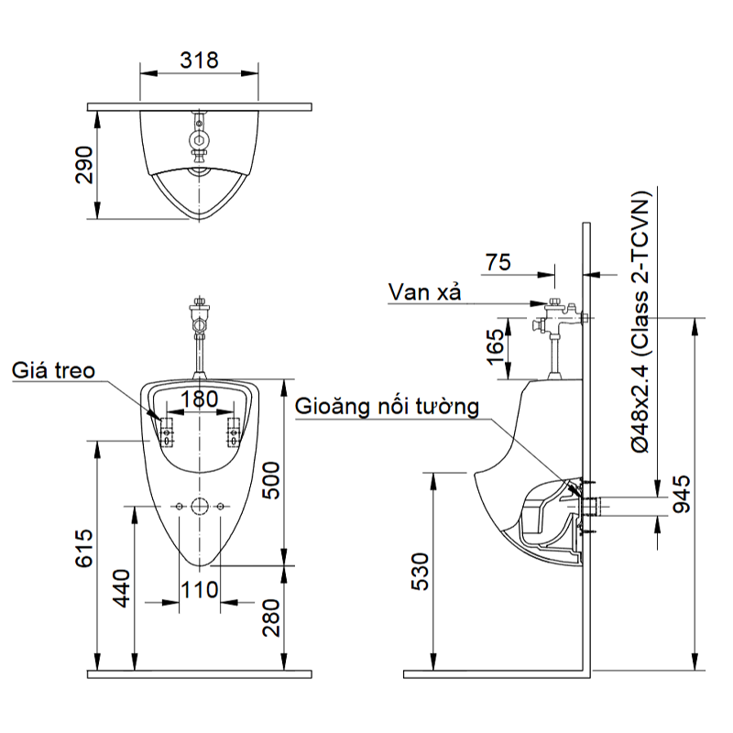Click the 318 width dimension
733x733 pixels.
click(199, 60)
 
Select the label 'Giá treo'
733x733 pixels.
click(53, 371)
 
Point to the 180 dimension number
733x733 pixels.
click(199, 400)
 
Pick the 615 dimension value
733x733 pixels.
click(83, 548)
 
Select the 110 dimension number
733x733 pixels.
click(199, 588)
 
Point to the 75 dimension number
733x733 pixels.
click(498, 262)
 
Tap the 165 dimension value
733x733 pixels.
click(496, 347)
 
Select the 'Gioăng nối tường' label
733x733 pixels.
click(387, 407)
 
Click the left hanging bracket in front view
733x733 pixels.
click(166, 429)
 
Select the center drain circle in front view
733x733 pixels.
click(199, 506)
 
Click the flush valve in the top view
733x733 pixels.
click(199, 137)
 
